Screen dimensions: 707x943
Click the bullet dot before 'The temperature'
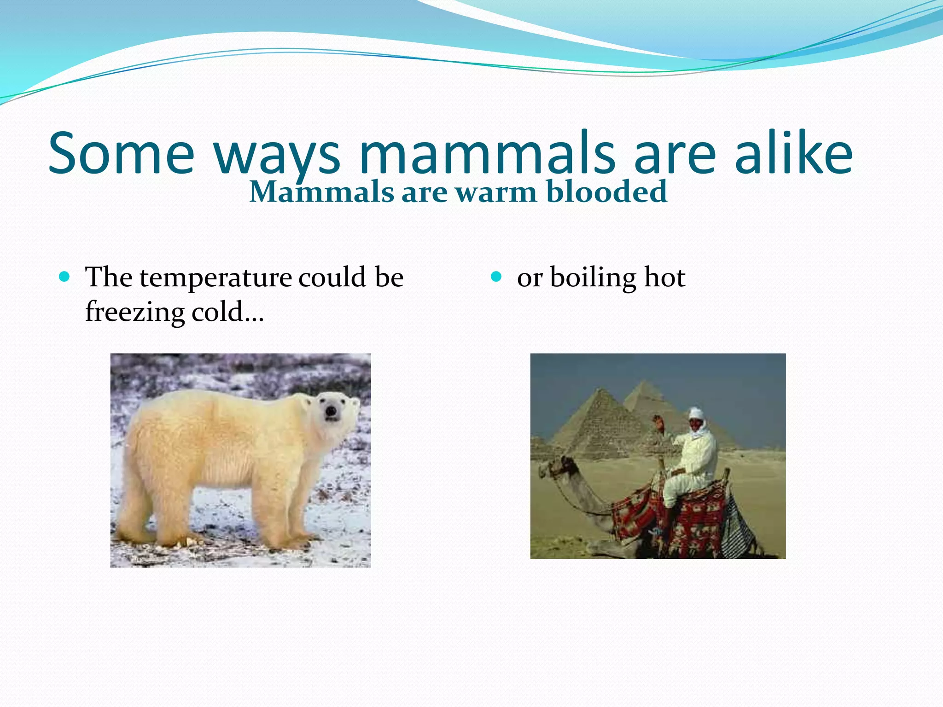pos(65,277)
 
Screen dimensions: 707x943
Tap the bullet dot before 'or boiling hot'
pos(496,277)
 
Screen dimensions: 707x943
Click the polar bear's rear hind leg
pos(138,520)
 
